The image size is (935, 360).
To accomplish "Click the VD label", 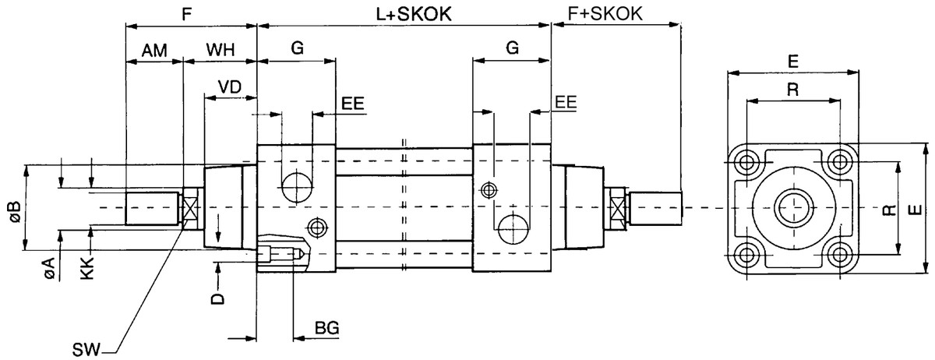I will [228, 86].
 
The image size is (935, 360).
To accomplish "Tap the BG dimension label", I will [326, 329].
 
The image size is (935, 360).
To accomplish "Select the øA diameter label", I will [48, 269].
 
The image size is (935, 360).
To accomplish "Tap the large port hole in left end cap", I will [296, 187].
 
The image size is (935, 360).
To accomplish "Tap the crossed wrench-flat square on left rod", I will [190, 208].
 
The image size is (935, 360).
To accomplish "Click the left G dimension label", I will [297, 48].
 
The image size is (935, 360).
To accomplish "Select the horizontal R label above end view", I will [792, 89].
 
